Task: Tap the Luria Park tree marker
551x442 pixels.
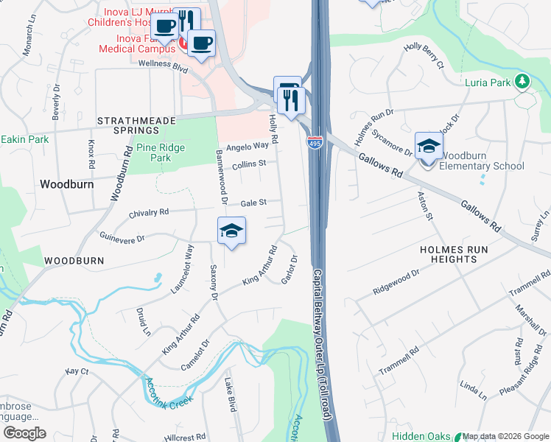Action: click(523, 81)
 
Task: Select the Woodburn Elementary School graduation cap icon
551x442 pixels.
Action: click(428, 147)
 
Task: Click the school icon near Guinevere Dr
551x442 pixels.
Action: click(231, 231)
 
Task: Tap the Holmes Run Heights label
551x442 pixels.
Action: click(453, 254)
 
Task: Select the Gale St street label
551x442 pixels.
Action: click(253, 203)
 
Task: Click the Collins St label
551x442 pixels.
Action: click(248, 165)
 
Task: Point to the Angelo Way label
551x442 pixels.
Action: click(248, 146)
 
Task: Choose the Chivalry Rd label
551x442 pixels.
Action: click(149, 212)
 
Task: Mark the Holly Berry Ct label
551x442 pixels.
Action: click(424, 56)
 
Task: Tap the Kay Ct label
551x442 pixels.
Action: click(77, 372)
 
